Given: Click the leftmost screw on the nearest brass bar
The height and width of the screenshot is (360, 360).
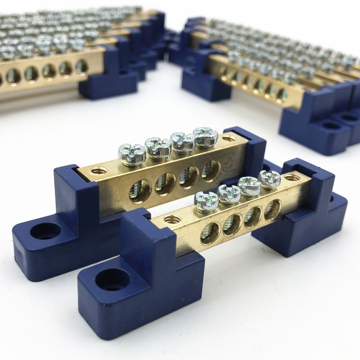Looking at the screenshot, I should point(206,198).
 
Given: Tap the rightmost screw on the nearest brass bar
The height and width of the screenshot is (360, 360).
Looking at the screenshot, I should point(270,178).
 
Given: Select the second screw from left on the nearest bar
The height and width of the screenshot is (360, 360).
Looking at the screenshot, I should point(229,193).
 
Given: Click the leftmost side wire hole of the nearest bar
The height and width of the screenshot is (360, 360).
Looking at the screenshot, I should point(210,233).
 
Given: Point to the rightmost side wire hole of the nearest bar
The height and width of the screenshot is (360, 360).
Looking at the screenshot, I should point(272,209).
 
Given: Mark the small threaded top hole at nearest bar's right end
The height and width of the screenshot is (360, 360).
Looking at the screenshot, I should point(292,178).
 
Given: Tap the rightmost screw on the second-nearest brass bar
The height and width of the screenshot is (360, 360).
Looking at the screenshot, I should point(205,136).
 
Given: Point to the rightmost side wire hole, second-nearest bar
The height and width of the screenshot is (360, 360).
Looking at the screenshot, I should point(211,170).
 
